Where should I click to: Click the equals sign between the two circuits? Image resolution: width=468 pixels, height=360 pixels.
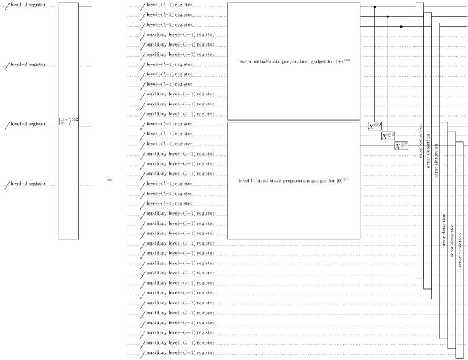pos(109,181)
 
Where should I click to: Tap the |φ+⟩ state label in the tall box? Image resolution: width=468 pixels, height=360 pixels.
pos(69,120)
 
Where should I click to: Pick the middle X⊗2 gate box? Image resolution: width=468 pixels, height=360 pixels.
pos(387,136)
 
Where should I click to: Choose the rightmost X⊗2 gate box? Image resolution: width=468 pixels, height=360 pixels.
pos(401,146)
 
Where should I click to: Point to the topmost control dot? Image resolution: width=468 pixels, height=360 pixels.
pos(375,7)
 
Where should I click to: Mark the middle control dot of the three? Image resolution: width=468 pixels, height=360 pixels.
pos(388,17)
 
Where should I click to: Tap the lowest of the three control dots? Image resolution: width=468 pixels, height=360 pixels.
pos(401,26)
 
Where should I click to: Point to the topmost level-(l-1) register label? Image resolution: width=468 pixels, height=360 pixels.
pos(168,5)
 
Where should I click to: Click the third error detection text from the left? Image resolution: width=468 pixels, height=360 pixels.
pos(437,160)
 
